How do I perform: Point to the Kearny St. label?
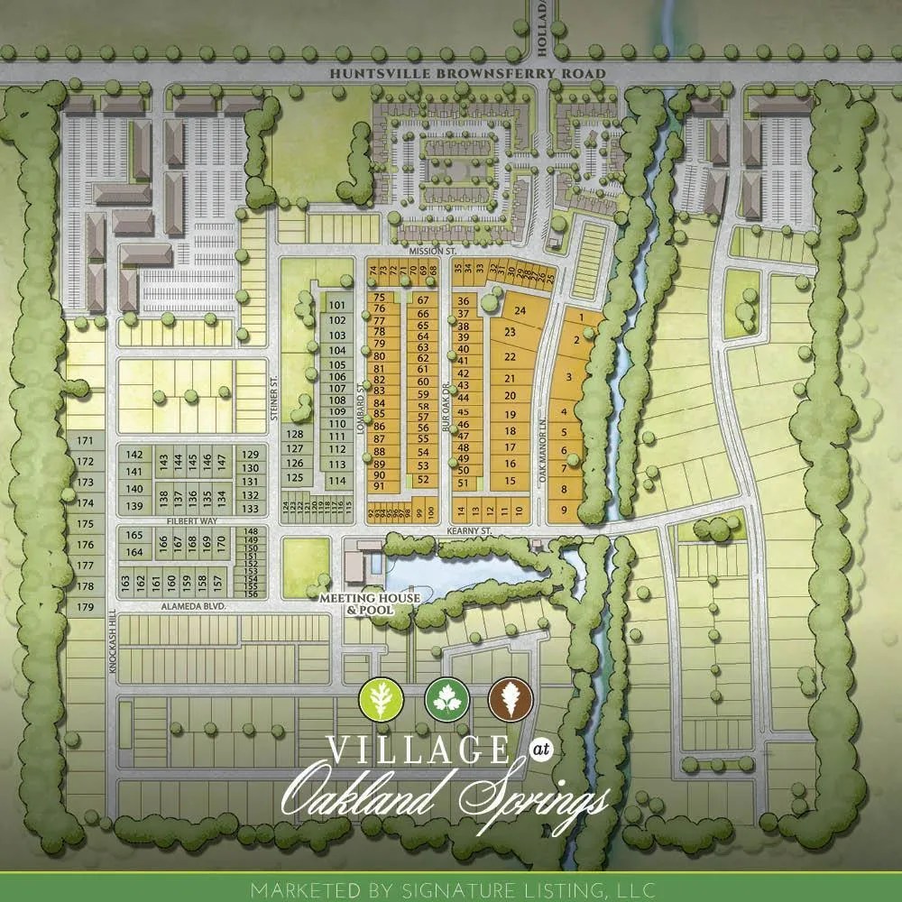pos(467,532)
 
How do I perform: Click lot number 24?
pos(520,310)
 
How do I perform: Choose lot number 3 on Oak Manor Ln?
pos(568,376)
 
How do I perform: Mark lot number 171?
pos(86,441)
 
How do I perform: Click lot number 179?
pos(86,608)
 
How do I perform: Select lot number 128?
pos(295,434)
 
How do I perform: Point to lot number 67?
pos(422,299)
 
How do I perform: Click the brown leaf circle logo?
pos(506,699)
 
